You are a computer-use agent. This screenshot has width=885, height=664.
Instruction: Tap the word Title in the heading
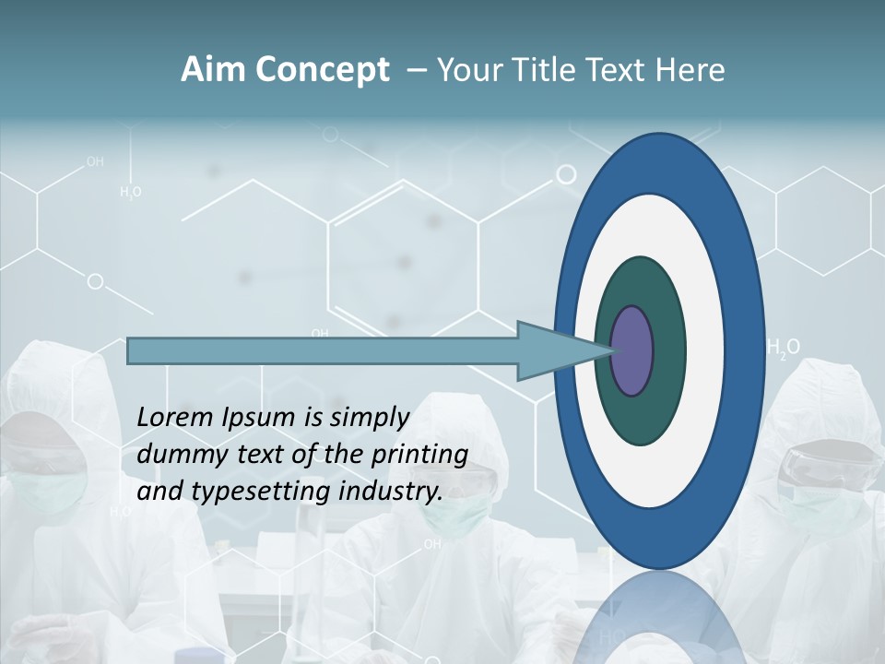coord(548,70)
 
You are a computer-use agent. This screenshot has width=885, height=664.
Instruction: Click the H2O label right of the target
coord(784,349)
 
